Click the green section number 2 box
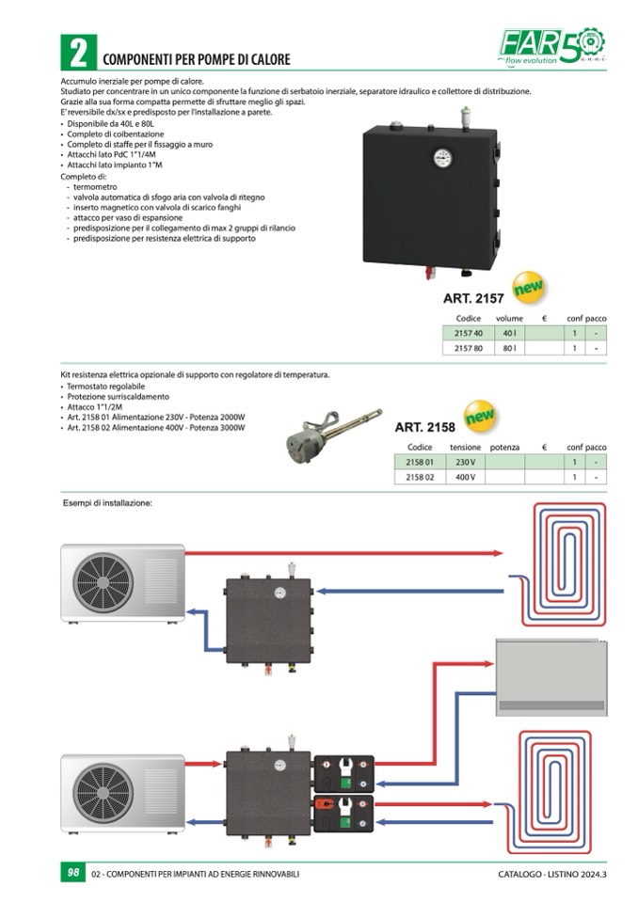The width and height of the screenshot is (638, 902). [76, 52]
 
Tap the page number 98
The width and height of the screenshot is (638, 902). [72, 873]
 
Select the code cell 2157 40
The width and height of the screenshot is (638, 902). [468, 333]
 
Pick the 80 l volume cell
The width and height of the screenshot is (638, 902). [509, 348]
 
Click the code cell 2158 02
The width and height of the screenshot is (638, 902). [419, 477]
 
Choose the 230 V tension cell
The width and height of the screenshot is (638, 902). [465, 462]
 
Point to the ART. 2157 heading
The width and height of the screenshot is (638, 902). [473, 299]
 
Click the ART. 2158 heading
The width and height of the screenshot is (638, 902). [424, 427]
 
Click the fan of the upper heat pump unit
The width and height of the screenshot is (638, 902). [102, 581]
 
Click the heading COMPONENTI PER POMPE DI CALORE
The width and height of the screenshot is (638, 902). [196, 59]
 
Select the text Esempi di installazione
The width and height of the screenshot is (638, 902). [107, 503]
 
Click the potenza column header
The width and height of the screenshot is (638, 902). [504, 447]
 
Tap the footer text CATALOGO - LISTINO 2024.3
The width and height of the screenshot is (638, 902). [552, 874]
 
